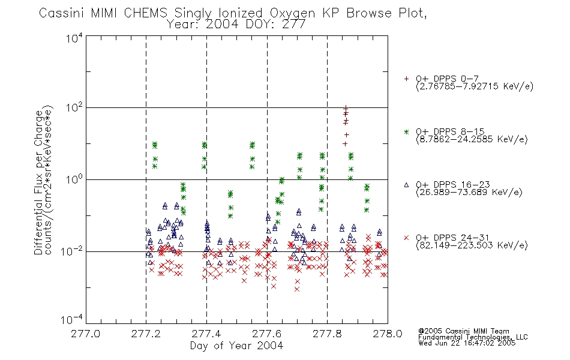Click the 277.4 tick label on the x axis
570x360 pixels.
206,334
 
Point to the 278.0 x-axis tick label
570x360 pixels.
388,334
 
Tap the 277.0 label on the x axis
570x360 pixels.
86,334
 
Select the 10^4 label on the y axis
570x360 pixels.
74,38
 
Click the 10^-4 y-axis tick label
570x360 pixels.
72,320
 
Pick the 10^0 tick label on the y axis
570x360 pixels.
74,179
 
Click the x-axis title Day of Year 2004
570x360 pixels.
236,346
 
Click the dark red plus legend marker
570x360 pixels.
406,79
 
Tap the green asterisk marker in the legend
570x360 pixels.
406,131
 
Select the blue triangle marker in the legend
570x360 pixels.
406,185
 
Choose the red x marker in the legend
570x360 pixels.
406,238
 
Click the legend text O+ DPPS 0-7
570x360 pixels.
447,79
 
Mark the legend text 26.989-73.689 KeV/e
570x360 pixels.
470,193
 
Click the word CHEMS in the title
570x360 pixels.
145,13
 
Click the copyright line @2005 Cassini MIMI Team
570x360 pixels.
463,331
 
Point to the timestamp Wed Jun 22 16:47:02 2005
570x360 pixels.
467,343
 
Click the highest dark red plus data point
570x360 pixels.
346,107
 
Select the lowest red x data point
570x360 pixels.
297,289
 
